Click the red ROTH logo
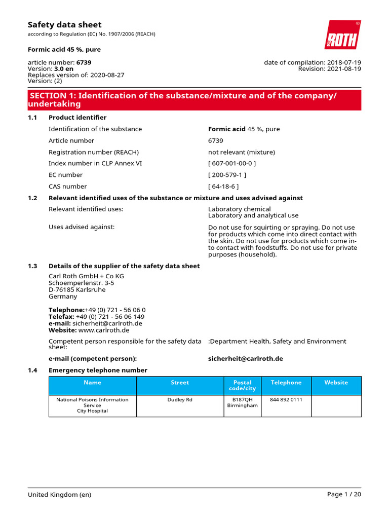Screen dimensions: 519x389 [342, 35]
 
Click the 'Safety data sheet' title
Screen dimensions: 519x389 [64, 25]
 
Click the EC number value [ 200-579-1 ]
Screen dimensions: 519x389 [227, 175]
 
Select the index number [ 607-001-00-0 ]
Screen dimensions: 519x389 [232, 163]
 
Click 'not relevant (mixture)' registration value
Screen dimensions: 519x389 [242, 152]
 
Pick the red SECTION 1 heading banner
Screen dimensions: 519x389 [194, 100]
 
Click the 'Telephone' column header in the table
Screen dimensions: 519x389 [286, 383]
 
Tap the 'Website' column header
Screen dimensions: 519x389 [336, 383]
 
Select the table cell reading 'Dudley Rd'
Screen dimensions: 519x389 [180, 400]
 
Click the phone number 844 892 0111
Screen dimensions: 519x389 [286, 400]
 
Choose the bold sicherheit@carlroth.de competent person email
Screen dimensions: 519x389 [245, 358]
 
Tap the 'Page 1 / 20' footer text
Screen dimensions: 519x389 [344, 495]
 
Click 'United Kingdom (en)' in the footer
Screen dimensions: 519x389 [59, 495]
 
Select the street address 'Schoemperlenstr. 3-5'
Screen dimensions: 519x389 [81, 283]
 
